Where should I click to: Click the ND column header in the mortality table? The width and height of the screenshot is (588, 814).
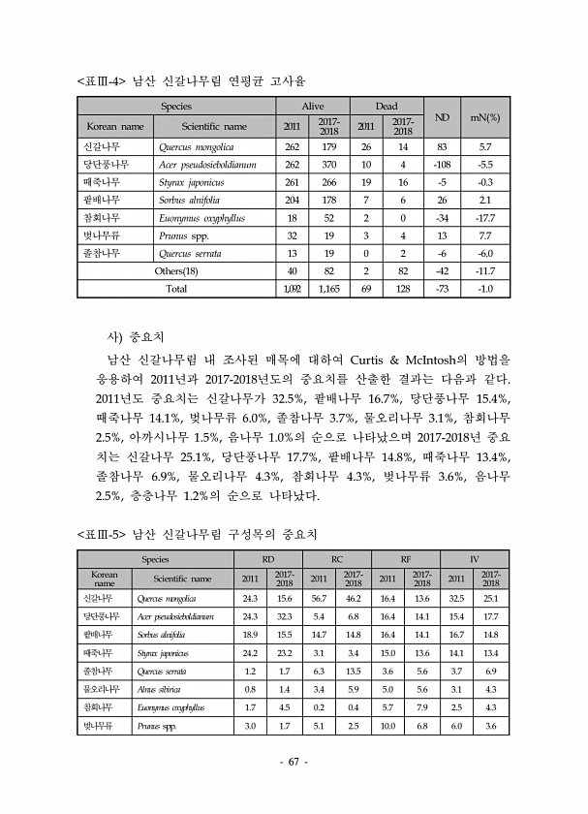click(441, 117)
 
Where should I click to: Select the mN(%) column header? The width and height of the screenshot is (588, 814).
click(483, 117)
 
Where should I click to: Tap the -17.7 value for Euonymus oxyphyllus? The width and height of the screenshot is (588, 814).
click(484, 218)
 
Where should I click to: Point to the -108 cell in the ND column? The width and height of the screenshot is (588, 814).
click(441, 165)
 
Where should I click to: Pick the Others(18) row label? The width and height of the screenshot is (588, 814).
click(176, 270)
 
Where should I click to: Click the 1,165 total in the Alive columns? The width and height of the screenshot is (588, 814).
click(328, 289)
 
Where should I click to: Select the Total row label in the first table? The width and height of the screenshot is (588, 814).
click(176, 289)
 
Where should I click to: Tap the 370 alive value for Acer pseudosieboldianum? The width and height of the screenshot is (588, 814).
click(328, 165)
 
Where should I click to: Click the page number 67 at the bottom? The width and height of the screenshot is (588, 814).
click(294, 762)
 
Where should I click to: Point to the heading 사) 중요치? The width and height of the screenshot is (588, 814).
click(137, 337)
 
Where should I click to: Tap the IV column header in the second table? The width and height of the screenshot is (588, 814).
click(474, 559)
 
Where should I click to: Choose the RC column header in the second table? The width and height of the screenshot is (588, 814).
click(336, 559)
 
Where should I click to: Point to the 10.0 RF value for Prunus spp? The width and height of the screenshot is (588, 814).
click(387, 726)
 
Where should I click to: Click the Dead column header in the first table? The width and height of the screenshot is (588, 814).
click(386, 106)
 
